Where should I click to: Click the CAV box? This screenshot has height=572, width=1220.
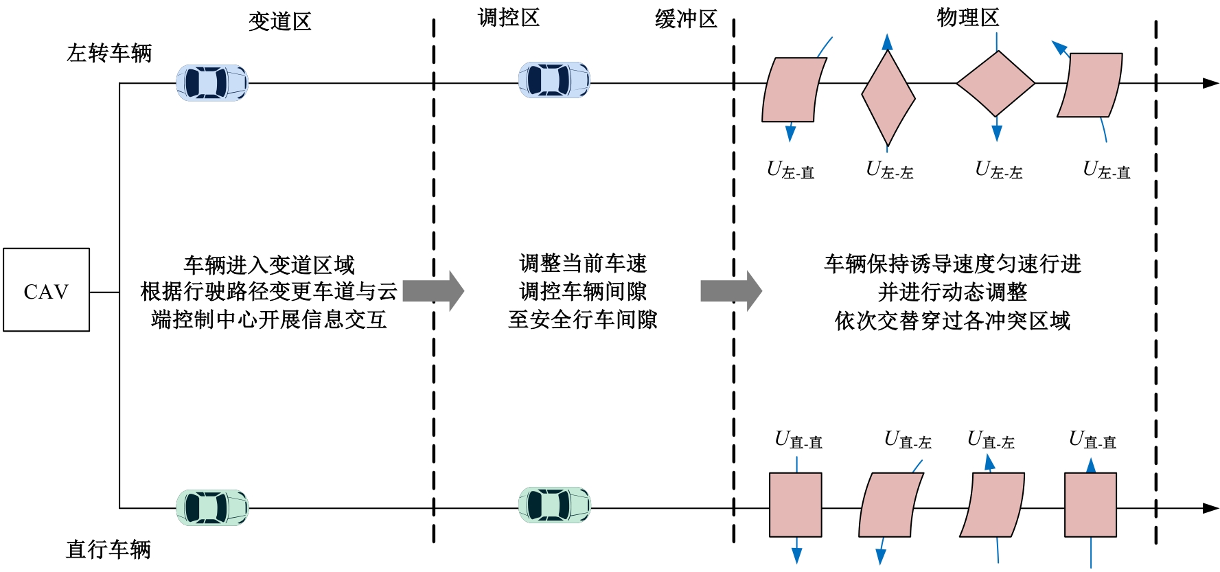click(46, 290)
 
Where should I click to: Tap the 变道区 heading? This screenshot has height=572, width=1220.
click(280, 21)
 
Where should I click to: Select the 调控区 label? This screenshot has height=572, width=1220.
click(509, 18)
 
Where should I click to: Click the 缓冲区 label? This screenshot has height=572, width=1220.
click(686, 19)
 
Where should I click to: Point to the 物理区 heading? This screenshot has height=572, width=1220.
click(968, 18)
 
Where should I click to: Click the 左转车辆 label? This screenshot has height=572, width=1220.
click(109, 53)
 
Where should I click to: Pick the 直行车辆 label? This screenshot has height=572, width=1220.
click(108, 549)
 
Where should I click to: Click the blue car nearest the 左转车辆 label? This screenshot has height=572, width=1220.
click(212, 83)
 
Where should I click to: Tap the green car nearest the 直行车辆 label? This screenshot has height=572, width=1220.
click(212, 508)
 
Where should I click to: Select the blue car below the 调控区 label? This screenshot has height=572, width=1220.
click(554, 80)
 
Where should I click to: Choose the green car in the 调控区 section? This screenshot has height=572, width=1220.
click(554, 505)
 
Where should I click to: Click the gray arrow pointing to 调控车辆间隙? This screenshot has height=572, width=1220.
click(433, 291)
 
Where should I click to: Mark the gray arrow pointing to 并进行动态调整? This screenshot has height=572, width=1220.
click(731, 291)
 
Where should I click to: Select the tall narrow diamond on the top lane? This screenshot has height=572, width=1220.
click(888, 98)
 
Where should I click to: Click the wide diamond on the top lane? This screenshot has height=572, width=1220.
click(995, 84)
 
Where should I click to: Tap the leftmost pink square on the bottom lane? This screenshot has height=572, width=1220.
click(796, 505)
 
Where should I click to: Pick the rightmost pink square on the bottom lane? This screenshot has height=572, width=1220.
click(1090, 505)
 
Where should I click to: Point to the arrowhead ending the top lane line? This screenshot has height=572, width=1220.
click(1210, 84)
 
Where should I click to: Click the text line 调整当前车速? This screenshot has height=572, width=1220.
click(583, 264)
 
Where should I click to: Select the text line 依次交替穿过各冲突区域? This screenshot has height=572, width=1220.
click(952, 321)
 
